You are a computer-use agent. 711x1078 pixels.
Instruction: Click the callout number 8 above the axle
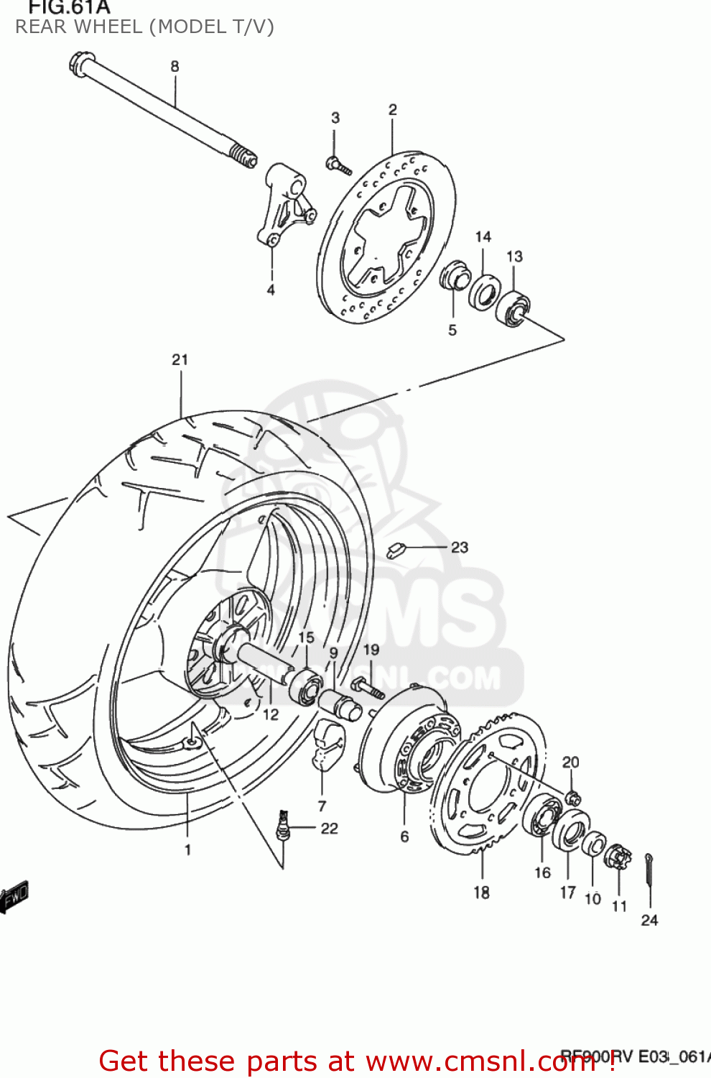point(175,66)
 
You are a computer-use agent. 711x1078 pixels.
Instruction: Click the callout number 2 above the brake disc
point(392,109)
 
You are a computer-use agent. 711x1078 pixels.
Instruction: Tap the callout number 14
point(483,236)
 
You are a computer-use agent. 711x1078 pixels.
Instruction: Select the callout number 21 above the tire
point(180,359)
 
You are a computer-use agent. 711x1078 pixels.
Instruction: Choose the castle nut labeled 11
point(618,856)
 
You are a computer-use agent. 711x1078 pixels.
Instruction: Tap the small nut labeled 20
point(572,797)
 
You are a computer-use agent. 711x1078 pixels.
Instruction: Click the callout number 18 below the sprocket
point(481,892)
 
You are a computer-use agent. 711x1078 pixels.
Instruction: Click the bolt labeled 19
point(368,688)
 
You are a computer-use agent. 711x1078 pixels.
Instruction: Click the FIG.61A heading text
point(69,8)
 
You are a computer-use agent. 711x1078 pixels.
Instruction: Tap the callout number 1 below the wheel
point(187,849)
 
